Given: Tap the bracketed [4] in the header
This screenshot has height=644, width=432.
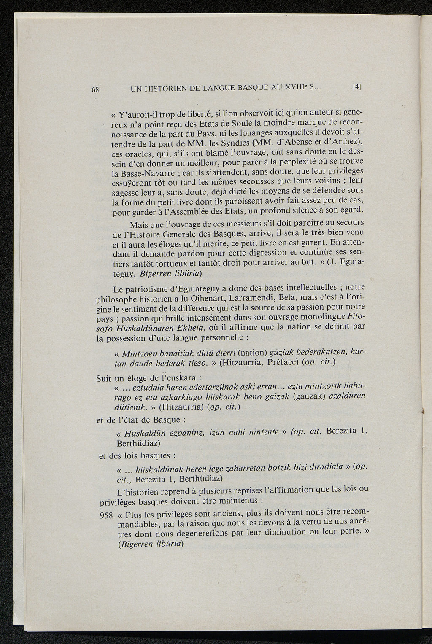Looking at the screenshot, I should [x=357, y=87].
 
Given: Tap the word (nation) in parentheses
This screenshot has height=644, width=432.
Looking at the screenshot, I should [x=253, y=352].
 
